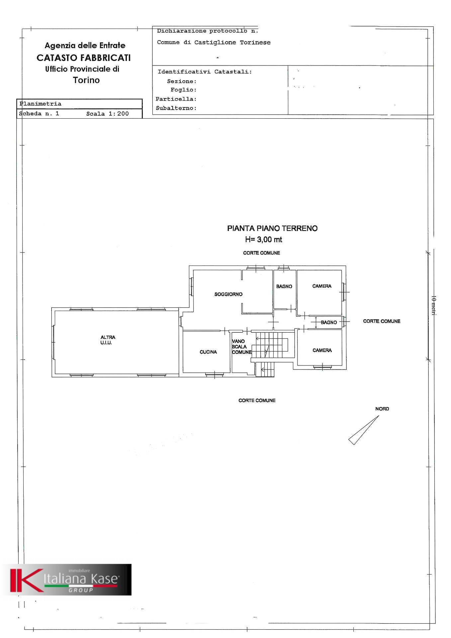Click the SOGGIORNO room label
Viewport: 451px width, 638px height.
coord(228,294)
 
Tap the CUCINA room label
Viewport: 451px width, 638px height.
coord(208,352)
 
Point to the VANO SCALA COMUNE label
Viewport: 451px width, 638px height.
coord(241,347)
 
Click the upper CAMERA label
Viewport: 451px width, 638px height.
coord(321,286)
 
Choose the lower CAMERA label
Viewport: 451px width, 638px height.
coord(322,350)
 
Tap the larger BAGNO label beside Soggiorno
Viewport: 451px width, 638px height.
coord(284,286)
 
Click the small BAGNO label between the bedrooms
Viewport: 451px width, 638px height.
coord(328,322)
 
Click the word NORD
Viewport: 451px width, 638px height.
coord(382,409)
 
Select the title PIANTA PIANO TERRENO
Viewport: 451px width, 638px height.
coord(272,228)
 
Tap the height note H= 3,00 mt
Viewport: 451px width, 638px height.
coord(263,239)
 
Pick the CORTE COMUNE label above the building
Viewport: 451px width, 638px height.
coord(261,253)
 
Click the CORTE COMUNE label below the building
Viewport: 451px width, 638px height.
coord(257,400)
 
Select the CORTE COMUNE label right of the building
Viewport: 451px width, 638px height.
coord(382,321)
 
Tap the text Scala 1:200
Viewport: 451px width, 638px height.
coord(107,114)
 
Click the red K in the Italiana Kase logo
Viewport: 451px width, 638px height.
coord(25,580)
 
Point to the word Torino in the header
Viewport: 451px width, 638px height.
coord(86,80)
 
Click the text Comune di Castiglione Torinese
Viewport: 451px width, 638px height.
coord(214,43)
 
